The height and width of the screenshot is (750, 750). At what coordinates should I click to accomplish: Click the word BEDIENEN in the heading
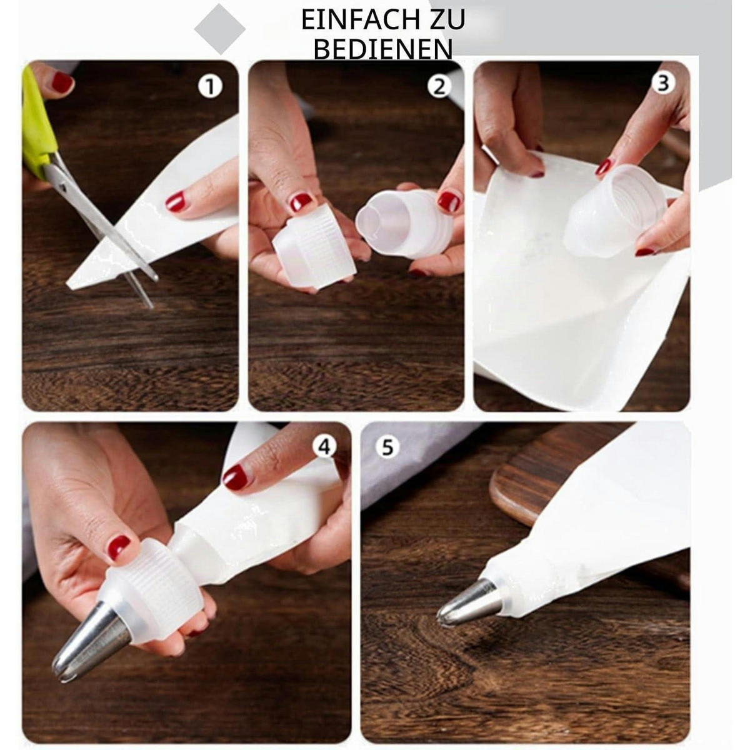tap(383, 49)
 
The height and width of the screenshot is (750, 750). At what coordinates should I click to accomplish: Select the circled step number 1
tap(210, 86)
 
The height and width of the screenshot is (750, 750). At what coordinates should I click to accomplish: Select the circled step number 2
tap(439, 86)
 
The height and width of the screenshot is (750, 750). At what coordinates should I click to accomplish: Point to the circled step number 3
tap(663, 83)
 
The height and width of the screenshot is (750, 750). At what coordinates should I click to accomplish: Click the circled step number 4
tap(325, 447)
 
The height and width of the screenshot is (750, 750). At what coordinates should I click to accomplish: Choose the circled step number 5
tap(387, 447)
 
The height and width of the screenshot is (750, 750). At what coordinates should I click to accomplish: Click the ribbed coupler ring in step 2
tap(314, 246)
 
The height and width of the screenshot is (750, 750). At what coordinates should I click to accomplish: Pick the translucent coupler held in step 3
tap(615, 210)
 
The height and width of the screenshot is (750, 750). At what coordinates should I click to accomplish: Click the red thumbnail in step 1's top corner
tap(62, 82)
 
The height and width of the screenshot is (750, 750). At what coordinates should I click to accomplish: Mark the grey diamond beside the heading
tap(220, 28)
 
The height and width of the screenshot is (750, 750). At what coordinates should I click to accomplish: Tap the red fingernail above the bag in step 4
tap(236, 477)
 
